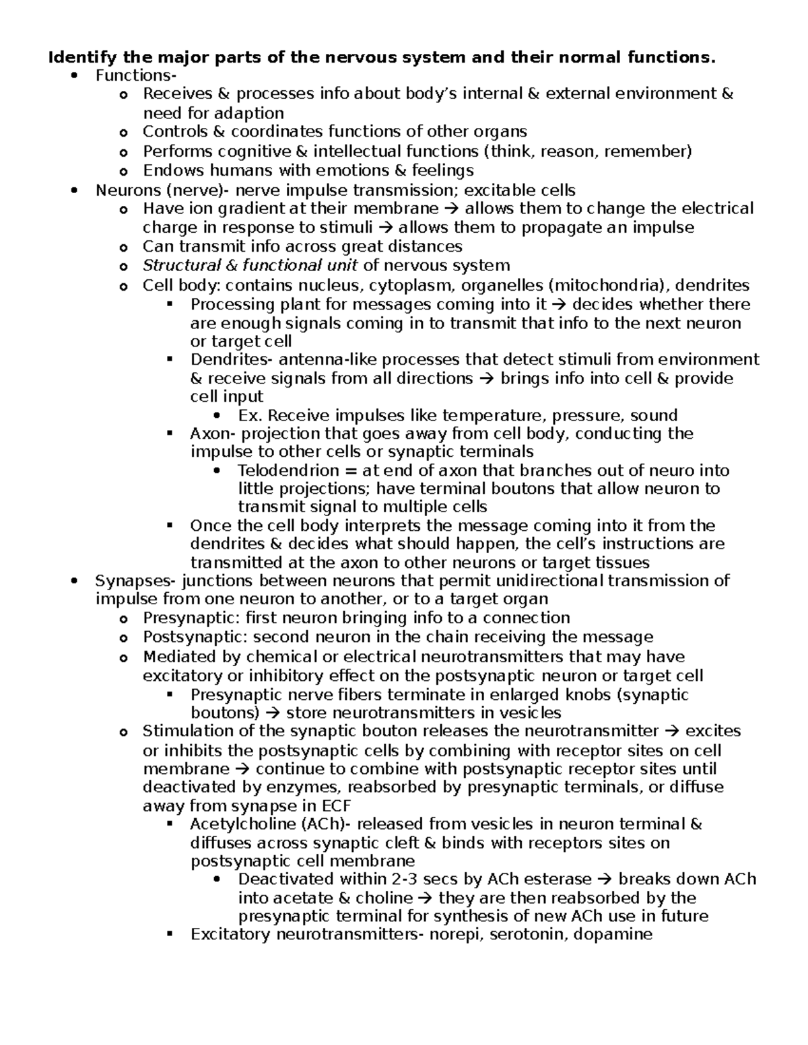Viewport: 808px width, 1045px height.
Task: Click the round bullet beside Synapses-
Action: point(75,581)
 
